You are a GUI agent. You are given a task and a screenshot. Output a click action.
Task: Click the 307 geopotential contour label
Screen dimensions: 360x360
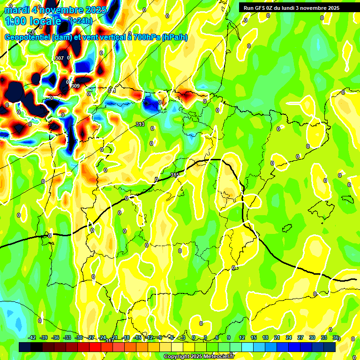pos(60,58)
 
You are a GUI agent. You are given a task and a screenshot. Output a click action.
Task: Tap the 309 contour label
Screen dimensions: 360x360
pos(75,86)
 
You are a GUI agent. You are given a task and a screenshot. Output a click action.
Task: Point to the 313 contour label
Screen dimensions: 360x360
pos(140,124)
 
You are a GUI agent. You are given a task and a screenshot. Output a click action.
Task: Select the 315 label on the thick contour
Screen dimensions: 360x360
pos(175,175)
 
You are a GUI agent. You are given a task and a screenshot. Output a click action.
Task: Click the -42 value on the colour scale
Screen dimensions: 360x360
pos(32,337)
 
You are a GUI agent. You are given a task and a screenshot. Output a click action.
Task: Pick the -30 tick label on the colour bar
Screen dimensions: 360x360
pos(79,337)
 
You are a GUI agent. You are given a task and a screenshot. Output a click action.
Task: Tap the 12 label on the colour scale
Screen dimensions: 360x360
pos(242,337)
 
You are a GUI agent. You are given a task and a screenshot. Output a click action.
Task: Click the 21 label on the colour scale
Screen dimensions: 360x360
pos(277,337)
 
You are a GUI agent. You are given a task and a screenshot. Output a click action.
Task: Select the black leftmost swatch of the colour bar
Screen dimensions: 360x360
pos(25,347)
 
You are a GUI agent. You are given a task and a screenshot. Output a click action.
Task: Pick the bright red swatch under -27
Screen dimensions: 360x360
pos(95,347)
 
